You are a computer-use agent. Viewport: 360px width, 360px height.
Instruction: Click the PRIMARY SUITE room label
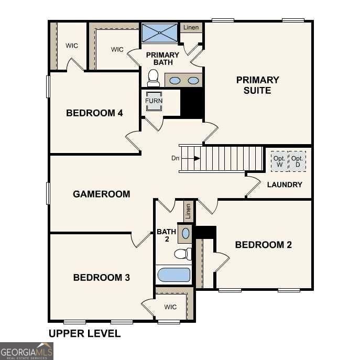[x=257, y=85]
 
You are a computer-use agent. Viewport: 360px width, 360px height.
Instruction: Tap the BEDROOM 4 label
[x=94, y=113]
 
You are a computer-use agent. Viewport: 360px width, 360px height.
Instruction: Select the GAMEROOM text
[x=101, y=194]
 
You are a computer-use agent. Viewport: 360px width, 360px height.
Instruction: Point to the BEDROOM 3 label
[x=101, y=277]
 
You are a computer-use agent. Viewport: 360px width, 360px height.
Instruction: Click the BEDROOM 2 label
[x=263, y=245]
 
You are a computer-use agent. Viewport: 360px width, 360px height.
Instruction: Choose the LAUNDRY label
[x=285, y=184]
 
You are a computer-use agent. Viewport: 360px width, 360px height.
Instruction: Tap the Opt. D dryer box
[x=298, y=161]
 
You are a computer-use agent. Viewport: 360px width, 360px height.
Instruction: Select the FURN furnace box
[x=154, y=101]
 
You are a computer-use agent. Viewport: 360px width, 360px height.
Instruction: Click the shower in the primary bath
[x=160, y=33]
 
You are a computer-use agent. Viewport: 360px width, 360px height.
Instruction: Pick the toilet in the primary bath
[x=154, y=79]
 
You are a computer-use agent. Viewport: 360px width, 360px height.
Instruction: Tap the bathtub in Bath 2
[x=173, y=275]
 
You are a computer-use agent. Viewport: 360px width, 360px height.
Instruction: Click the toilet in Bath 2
[x=181, y=255]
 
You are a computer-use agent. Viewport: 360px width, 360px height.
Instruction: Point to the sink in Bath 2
[x=186, y=233]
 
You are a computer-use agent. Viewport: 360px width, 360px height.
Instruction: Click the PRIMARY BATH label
[x=162, y=59]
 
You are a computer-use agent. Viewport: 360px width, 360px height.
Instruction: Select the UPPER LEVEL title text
[x=84, y=333]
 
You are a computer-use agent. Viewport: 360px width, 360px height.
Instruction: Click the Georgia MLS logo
[x=26, y=351]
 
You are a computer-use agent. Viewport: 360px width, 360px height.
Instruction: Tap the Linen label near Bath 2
[x=188, y=212]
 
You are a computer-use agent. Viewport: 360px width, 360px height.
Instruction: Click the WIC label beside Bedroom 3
[x=170, y=307]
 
